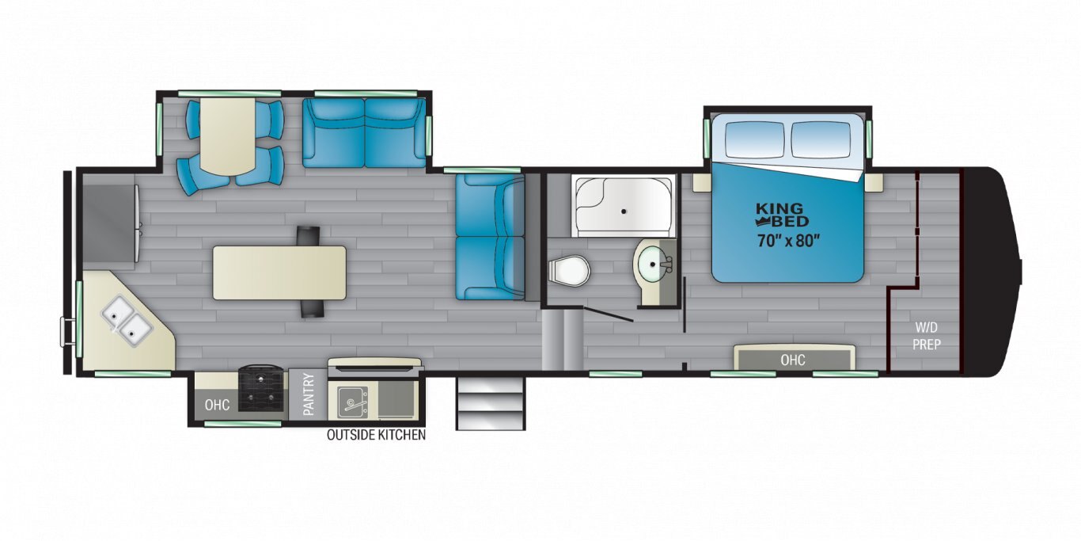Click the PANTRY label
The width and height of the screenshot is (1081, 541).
coord(309,394)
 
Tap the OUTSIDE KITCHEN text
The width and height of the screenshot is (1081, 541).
coord(377,435)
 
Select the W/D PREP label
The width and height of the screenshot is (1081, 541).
coord(927,336)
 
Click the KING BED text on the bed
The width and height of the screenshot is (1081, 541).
coord(783,215)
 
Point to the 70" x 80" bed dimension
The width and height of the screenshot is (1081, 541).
coord(788,240)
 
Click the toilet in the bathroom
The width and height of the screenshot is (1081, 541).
coord(570,271)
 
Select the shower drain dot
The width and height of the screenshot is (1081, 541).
coord(624,211)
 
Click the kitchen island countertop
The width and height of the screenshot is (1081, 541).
coord(279,272)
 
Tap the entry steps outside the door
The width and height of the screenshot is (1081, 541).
coord(491,404)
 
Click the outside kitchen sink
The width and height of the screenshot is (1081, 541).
coord(352,401)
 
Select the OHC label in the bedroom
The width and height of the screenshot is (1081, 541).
coord(792,360)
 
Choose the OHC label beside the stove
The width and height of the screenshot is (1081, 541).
coord(217,404)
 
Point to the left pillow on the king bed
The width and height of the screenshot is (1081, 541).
coord(756,139)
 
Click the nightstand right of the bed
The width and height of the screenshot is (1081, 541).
coord(874,183)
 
